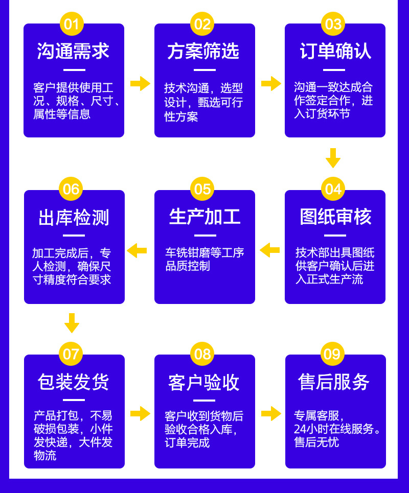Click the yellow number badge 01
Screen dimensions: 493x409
pyautogui.click(x=72, y=24)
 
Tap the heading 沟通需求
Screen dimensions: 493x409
pyautogui.click(x=73, y=51)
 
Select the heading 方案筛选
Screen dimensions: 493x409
pyautogui.click(x=203, y=51)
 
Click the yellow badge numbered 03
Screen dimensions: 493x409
pyautogui.click(x=333, y=24)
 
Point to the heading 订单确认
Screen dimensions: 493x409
pyautogui.click(x=335, y=51)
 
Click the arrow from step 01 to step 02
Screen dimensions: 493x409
pyautogui.click(x=140, y=83)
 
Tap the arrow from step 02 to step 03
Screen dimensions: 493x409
pyautogui.click(x=270, y=83)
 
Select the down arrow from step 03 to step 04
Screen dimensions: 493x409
pyautogui.click(x=333, y=158)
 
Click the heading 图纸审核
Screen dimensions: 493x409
pyautogui.click(x=335, y=217)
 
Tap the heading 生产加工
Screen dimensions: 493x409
pyautogui.click(x=204, y=217)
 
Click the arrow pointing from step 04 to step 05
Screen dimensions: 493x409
pyautogui.click(x=269, y=250)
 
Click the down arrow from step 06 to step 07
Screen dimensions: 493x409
pyautogui.click(x=72, y=323)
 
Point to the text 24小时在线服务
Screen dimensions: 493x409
pyautogui.click(x=338, y=429)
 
